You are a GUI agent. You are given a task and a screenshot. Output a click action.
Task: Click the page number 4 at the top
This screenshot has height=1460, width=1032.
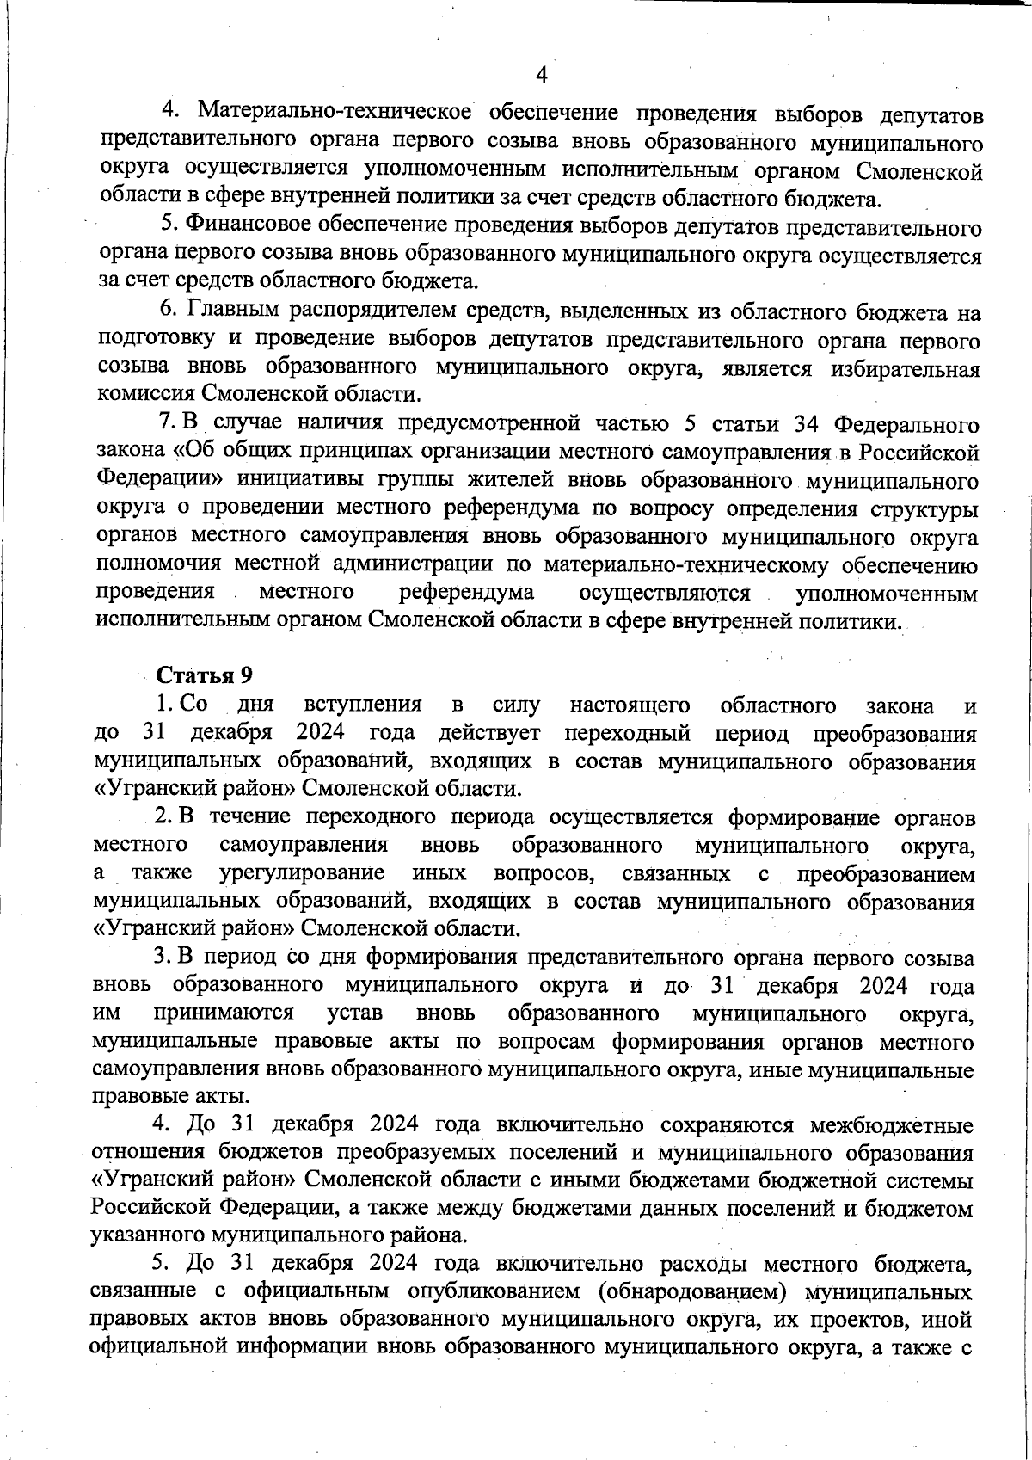pyautogui.click(x=541, y=75)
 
